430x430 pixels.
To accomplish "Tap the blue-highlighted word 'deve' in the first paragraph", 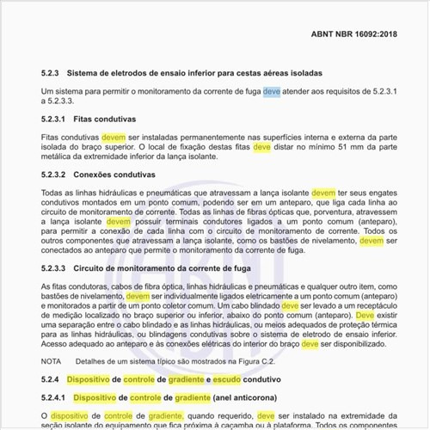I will point(272,90).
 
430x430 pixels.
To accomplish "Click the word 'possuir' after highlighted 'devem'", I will point(150,221).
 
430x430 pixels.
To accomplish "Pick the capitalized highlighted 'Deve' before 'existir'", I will point(365,316).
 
